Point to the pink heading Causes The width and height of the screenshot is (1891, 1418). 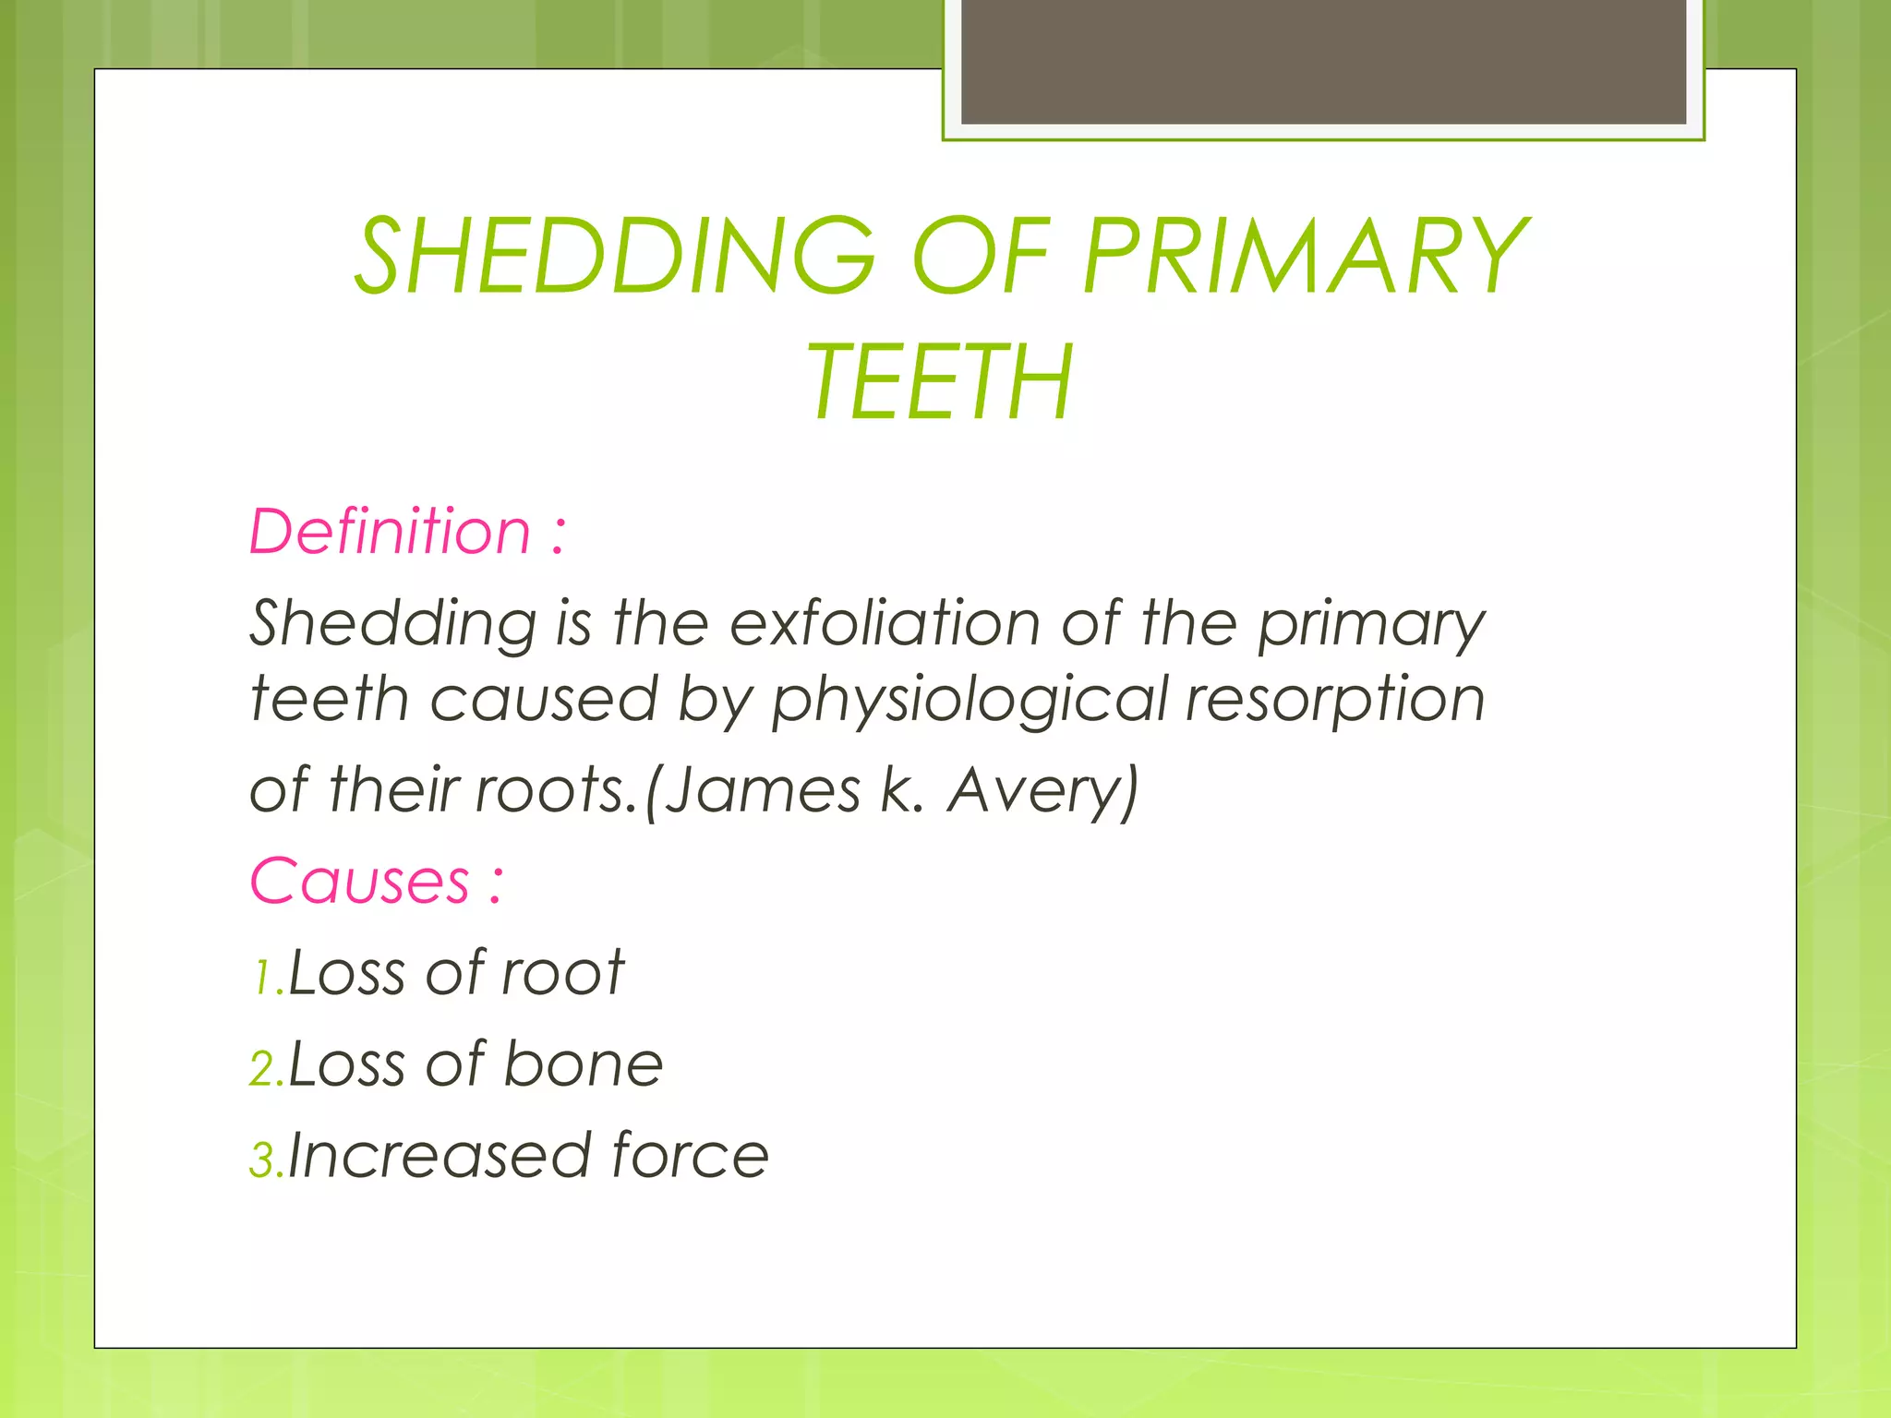(x=360, y=881)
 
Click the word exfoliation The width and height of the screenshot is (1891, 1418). (x=885, y=623)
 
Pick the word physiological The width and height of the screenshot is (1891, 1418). (x=970, y=699)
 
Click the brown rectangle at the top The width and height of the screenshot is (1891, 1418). (x=1323, y=61)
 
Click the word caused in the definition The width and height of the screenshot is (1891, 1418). (x=544, y=699)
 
